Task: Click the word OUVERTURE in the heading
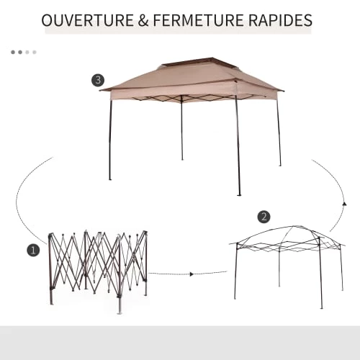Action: click(x=88, y=20)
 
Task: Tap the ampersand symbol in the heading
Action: click(x=143, y=20)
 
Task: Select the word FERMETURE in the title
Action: click(x=199, y=20)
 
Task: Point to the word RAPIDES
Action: click(x=280, y=20)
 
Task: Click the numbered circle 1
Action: click(x=33, y=251)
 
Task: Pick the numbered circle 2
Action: click(x=264, y=217)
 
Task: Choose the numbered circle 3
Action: click(x=98, y=80)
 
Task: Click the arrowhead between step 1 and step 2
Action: click(x=192, y=274)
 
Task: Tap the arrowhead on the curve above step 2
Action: click(x=345, y=204)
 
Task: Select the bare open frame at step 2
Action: click(x=287, y=266)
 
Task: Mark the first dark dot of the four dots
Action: click(x=13, y=52)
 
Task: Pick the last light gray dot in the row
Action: click(x=35, y=52)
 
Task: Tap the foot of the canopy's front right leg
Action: click(x=239, y=194)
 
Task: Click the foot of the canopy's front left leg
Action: click(x=110, y=179)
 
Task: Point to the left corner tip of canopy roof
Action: click(x=100, y=90)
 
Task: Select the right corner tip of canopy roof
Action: click(x=283, y=91)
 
